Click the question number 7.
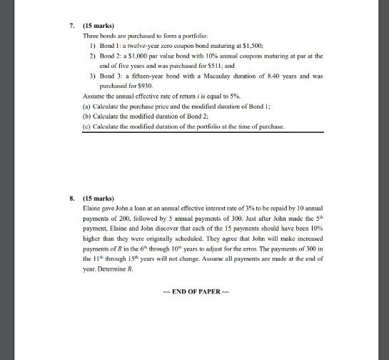point(72,25)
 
